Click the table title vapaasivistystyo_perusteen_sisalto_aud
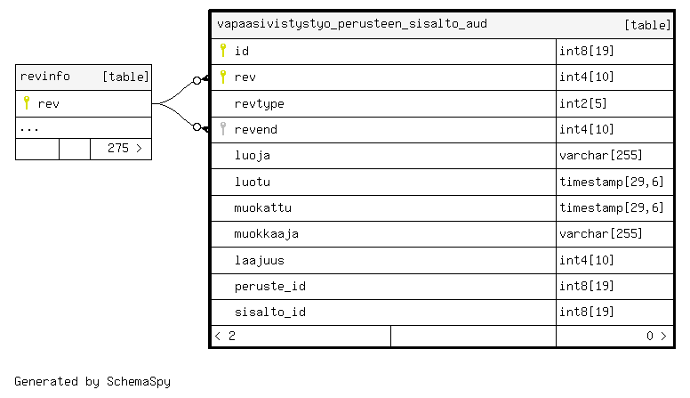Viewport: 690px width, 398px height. pyautogui.click(x=352, y=24)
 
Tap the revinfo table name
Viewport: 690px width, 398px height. pyautogui.click(x=44, y=77)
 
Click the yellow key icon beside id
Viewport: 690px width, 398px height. pyautogui.click(x=223, y=50)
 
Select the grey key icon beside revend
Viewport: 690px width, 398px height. pyautogui.click(x=223, y=128)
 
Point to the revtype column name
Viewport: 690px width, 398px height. pyautogui.click(x=259, y=104)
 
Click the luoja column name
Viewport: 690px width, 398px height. pyautogui.click(x=253, y=155)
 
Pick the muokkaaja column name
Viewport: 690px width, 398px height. pyautogui.click(x=266, y=233)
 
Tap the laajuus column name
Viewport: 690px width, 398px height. pyautogui.click(x=259, y=260)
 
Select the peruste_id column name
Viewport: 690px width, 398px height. pyautogui.click(x=269, y=287)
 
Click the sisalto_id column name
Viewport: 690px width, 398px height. pyautogui.click(x=269, y=312)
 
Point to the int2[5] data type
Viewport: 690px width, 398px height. pyautogui.click(x=583, y=103)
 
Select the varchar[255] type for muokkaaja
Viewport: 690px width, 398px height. pyautogui.click(x=601, y=233)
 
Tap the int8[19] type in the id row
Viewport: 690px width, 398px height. pyautogui.click(x=587, y=51)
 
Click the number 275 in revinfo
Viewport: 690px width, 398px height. pyautogui.click(x=118, y=148)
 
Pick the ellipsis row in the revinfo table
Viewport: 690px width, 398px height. pyautogui.click(x=29, y=129)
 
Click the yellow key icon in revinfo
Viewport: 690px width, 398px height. pyautogui.click(x=27, y=102)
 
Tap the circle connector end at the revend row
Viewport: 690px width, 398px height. pyautogui.click(x=197, y=127)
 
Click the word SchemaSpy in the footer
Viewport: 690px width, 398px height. pyautogui.click(x=138, y=382)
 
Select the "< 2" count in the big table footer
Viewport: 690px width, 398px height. pyautogui.click(x=225, y=337)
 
